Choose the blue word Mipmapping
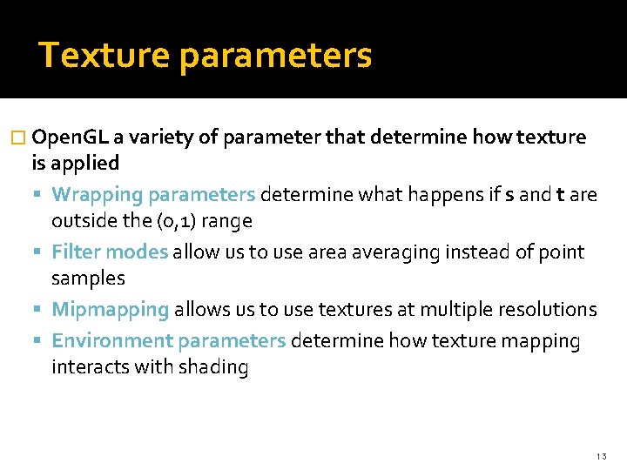point(110,310)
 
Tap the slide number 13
point(602,456)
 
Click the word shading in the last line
point(213,367)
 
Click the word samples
point(88,279)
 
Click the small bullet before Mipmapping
point(43,310)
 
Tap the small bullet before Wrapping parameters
point(43,195)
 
